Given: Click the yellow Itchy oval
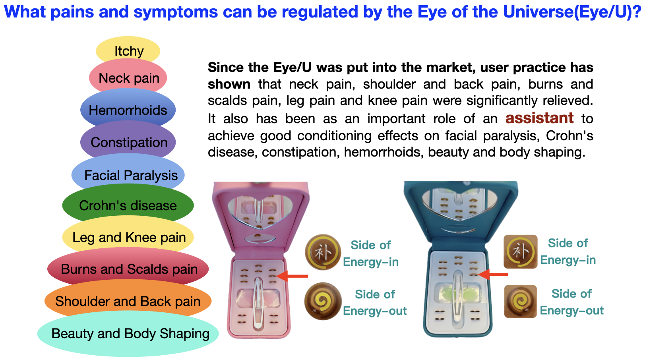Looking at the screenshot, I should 128,50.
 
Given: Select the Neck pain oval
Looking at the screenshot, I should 128,78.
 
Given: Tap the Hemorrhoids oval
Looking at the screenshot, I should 128,110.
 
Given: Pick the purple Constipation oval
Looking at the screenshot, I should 128,142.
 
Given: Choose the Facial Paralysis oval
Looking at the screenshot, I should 128,175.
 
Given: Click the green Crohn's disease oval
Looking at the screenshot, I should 128,205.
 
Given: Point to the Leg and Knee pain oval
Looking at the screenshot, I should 128,237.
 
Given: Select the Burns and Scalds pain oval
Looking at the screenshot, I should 128,269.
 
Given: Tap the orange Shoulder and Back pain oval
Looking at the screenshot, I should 128,301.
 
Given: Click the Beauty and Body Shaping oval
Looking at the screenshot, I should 128,334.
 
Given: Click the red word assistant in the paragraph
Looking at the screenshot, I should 539,118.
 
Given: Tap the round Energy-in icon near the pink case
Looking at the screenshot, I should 323,252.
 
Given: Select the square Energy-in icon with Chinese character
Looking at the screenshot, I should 520,252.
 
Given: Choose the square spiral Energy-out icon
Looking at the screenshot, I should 520,302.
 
